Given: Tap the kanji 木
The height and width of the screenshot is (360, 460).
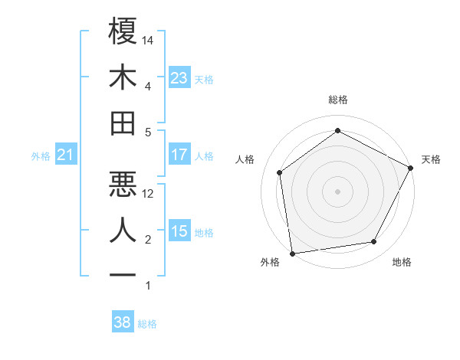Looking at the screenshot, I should click(123, 77).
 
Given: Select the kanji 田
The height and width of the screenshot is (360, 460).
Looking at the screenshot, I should click(123, 123).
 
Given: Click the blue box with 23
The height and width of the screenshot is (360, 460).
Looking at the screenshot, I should click(179, 78).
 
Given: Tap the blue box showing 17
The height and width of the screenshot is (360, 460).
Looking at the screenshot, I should click(179, 155).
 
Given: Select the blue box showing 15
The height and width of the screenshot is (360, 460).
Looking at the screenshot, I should click(179, 231).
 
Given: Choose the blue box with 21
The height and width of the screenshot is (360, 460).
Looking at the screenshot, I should click(66, 155).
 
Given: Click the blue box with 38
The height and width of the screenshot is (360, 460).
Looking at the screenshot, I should click(123, 322).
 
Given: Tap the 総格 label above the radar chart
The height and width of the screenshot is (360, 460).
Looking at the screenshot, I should click(337, 100).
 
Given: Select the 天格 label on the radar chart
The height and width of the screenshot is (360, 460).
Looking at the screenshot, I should click(431, 159).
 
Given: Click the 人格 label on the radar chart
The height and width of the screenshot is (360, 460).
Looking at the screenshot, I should click(245, 159).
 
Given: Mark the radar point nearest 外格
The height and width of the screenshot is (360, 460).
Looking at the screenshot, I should click(292, 253).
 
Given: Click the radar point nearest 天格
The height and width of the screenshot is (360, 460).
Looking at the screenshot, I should click(412, 167).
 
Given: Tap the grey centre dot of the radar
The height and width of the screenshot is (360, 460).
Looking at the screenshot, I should click(337, 191).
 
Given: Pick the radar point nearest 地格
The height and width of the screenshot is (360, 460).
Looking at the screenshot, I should click(374, 242).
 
